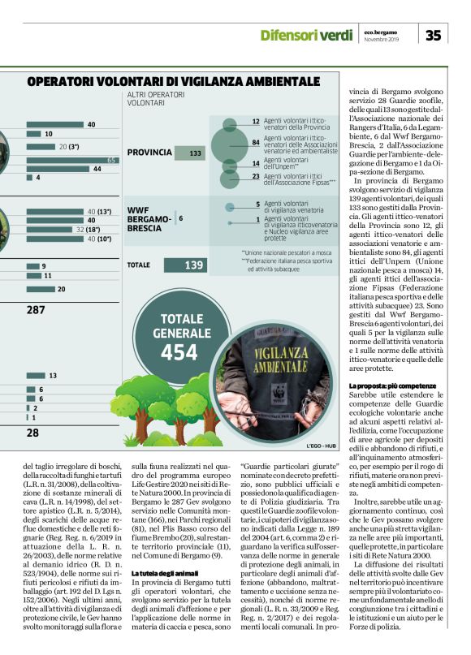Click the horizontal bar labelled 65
pos(71,160)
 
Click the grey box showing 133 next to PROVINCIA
pos(195,153)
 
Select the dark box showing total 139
pos(195,265)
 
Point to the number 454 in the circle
pos(179,352)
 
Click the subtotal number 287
pos(36,310)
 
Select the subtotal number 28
pos(32,433)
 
